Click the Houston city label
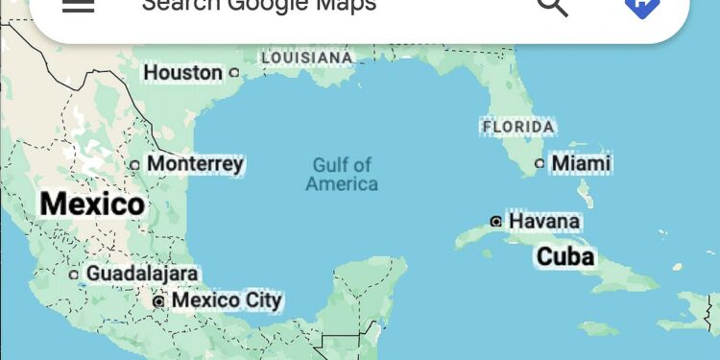coord(182,72)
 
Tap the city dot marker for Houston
coord(233,72)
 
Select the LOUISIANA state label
coord(307,58)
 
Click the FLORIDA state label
coord(518,126)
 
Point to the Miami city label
coord(581,163)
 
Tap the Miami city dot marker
coord(540,163)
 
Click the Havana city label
coord(544,222)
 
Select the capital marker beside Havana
coord(495,222)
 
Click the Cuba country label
coord(565,256)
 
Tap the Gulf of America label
coord(342,175)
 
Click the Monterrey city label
coord(195,164)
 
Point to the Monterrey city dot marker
coord(135,164)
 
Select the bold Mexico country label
coord(92,204)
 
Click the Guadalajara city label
coord(142,274)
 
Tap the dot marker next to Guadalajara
coord(74,275)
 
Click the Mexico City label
coord(227,300)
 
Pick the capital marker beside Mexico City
coord(158,301)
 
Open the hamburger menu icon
coord(78,5)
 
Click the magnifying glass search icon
coord(552,6)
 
